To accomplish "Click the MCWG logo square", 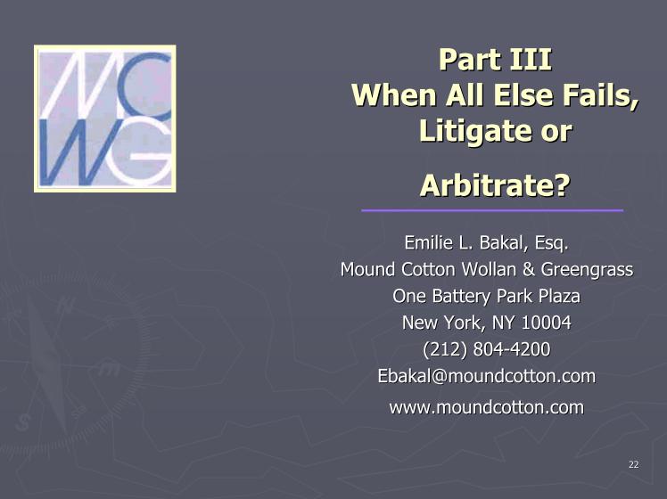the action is pyautogui.click(x=104, y=119).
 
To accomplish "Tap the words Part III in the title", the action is pyautogui.click(x=495, y=60).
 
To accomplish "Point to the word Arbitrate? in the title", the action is pyautogui.click(x=495, y=185).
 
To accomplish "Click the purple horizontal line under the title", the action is pyautogui.click(x=492, y=210).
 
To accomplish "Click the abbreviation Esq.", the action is pyautogui.click(x=552, y=243).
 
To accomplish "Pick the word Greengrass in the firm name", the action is pyautogui.click(x=587, y=270).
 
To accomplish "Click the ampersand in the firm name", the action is pyautogui.click(x=529, y=269).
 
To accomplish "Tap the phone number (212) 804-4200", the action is pyautogui.click(x=487, y=349).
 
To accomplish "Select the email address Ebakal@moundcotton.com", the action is pyautogui.click(x=487, y=376).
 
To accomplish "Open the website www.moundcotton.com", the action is pyautogui.click(x=487, y=407).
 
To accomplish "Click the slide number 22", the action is pyautogui.click(x=633, y=464).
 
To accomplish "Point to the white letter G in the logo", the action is pyautogui.click(x=140, y=157).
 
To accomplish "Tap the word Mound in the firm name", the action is pyautogui.click(x=367, y=269).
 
